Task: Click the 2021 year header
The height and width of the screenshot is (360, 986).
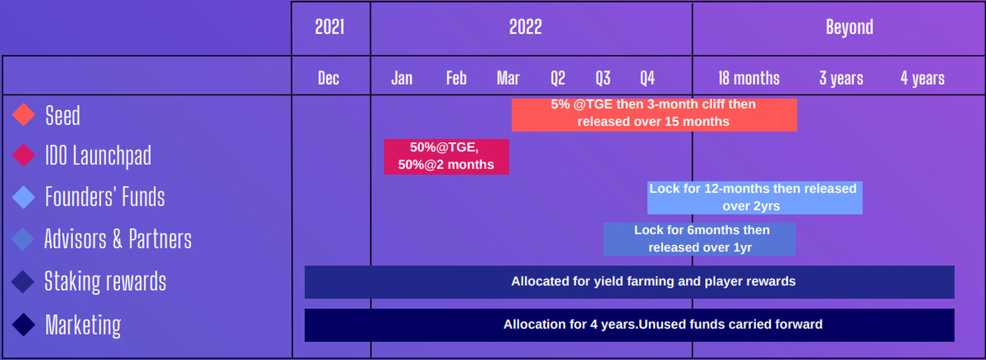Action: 329,27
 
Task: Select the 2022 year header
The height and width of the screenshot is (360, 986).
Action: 526,27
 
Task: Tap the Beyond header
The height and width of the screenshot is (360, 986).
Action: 850,27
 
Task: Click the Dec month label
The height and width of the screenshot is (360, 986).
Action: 329,78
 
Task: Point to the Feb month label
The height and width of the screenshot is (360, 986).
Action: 456,78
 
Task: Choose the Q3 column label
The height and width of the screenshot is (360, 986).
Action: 603,78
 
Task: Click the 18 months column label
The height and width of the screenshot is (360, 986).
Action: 749,78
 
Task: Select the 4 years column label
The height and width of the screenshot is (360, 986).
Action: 923,78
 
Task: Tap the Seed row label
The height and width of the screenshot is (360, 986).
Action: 62,116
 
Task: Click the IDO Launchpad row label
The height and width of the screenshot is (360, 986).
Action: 98,156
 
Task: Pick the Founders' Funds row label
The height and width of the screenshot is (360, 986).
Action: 105,196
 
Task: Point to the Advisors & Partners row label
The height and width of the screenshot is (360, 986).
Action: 118,239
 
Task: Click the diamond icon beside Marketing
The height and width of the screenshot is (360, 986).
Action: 23,325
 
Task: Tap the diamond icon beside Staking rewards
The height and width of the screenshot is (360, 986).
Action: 23,282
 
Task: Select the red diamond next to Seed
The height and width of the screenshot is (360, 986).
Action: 23,115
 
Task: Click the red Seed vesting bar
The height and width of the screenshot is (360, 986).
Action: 654,115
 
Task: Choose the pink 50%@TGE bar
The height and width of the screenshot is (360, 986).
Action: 446,157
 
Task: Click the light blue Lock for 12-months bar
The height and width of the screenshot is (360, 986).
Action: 754,197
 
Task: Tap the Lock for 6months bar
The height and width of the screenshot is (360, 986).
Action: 699,239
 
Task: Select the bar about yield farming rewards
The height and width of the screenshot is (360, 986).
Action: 629,282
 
